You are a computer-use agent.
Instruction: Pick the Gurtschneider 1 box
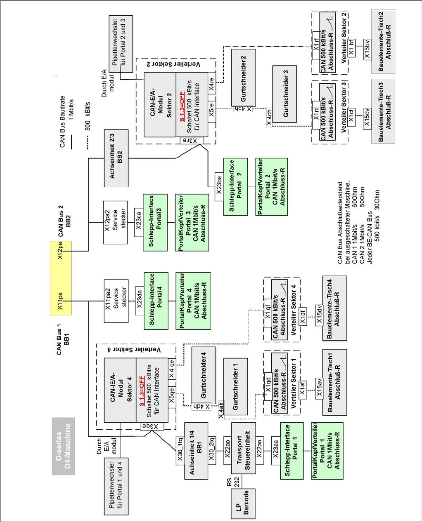(235, 386)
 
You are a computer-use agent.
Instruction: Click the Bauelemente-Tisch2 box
(380, 42)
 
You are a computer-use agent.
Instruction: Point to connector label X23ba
(219, 185)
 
